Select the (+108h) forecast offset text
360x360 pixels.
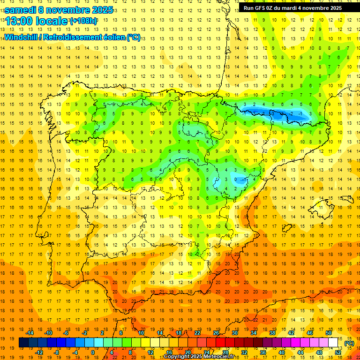(x=83, y=21)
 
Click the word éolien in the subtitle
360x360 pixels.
(x=112, y=37)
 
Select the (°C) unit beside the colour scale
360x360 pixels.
(x=348, y=343)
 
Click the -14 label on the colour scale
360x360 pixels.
(x=30, y=333)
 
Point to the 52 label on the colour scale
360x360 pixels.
(x=338, y=352)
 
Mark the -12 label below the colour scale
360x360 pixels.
(x=39, y=352)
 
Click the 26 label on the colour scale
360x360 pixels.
(x=216, y=333)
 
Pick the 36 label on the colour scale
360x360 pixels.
(x=262, y=352)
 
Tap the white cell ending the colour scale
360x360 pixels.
(x=333, y=343)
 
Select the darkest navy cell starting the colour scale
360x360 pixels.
(x=23, y=343)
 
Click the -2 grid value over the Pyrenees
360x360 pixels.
(x=292, y=114)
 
